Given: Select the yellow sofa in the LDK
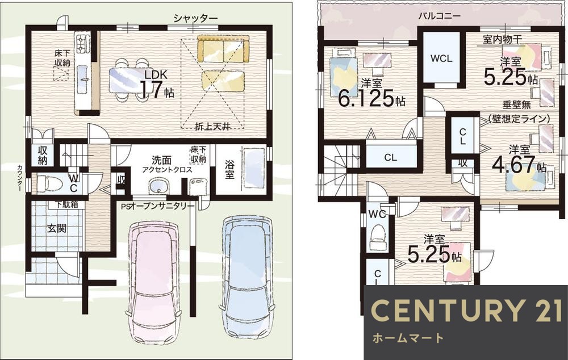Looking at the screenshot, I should [x=223, y=49].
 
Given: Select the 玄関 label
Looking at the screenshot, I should [x=56, y=228].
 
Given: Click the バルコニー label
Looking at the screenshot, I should [x=439, y=15].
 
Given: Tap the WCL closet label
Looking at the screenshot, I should [x=441, y=58].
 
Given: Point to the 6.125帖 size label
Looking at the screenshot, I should [x=371, y=99].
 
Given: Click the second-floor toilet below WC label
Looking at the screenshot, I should [x=377, y=238].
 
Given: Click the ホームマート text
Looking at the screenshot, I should [x=407, y=338].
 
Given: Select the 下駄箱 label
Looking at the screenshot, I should [x=66, y=204].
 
